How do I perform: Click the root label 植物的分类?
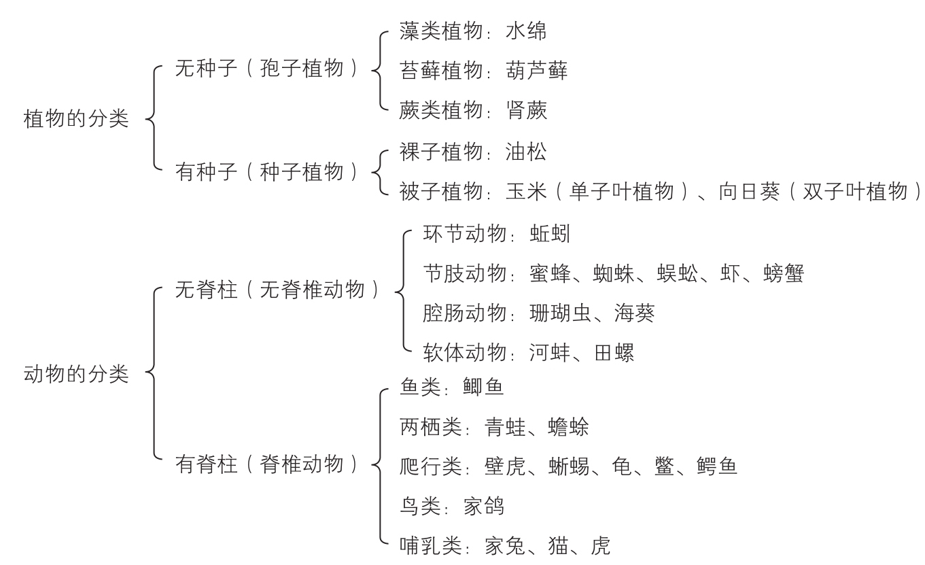[x=76, y=119]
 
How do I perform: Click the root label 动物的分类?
[x=76, y=374]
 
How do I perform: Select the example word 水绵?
[x=526, y=31]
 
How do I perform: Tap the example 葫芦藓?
[x=537, y=71]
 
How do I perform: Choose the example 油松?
[x=526, y=152]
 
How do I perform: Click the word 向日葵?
[x=750, y=191]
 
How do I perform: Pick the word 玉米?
[x=526, y=191]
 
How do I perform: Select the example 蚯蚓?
[x=550, y=234]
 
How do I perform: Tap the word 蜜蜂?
[x=550, y=273]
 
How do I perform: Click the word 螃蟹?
[x=784, y=273]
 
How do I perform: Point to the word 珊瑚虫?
[x=560, y=313]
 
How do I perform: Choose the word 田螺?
[x=614, y=353]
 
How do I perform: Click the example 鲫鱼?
[x=483, y=387]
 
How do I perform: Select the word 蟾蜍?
[x=568, y=427]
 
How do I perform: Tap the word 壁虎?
[x=505, y=466]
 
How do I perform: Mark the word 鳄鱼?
[x=717, y=466]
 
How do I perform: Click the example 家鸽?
[x=483, y=506]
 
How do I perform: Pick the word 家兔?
[x=505, y=545]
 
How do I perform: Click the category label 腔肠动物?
[x=465, y=313]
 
